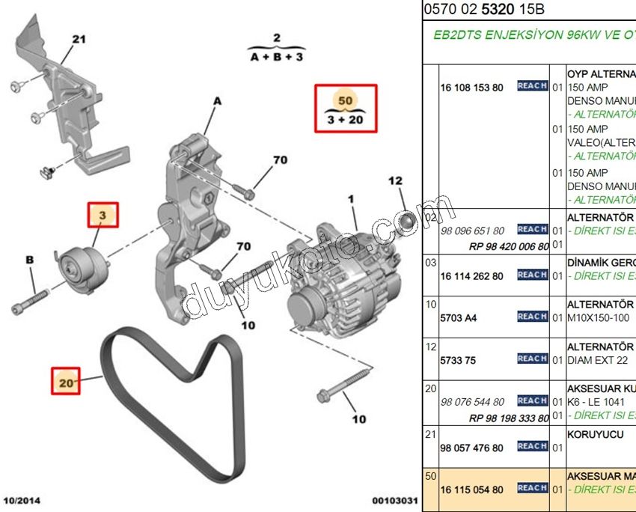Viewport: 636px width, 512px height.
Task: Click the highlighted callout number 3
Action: pyautogui.click(x=105, y=216)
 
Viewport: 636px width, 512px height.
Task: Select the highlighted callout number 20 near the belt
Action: pyautogui.click(x=67, y=383)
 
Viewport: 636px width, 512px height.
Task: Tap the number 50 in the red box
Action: pyautogui.click(x=345, y=100)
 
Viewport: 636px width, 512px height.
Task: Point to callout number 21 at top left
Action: pyautogui.click(x=79, y=39)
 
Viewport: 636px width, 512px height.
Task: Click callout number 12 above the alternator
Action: pyautogui.click(x=395, y=180)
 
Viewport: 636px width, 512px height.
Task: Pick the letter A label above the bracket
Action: pyautogui.click(x=218, y=100)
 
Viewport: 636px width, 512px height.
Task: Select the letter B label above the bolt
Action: pyautogui.click(x=30, y=260)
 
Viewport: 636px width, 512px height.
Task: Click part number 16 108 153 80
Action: pyautogui.click(x=471, y=88)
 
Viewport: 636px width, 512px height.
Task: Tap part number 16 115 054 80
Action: pyautogui.click(x=471, y=490)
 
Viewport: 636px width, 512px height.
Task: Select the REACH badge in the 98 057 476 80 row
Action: pyautogui.click(x=532, y=446)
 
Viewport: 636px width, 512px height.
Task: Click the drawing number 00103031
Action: pyautogui.click(x=396, y=499)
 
